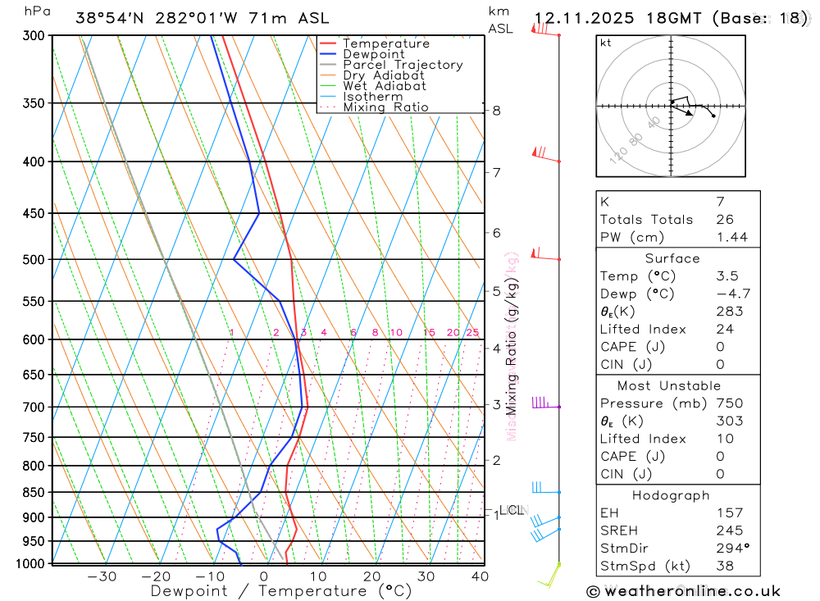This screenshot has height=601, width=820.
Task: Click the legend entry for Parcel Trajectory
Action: [403, 65]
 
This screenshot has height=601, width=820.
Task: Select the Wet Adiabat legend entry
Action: [385, 86]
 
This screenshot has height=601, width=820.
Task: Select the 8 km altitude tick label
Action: [497, 111]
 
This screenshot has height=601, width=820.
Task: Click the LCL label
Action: [511, 510]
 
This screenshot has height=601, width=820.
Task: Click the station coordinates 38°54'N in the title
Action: [112, 18]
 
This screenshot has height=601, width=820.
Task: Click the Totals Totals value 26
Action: [725, 220]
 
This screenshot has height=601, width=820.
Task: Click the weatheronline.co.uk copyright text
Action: [684, 591]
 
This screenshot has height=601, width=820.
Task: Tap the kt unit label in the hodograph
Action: [605, 43]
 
